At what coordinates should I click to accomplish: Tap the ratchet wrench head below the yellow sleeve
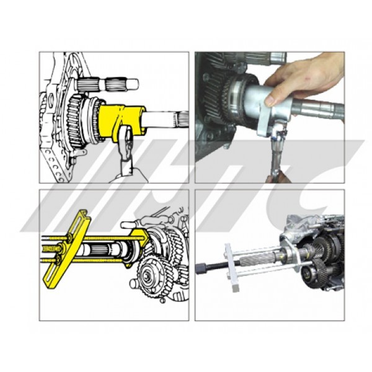[125, 138]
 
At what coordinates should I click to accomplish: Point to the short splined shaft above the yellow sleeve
[108, 84]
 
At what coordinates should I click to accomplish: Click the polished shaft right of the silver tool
[318, 110]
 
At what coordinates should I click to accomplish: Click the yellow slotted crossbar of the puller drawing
[67, 249]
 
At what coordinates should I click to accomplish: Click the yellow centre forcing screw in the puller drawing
[51, 249]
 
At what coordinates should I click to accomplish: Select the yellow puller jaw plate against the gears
[139, 247]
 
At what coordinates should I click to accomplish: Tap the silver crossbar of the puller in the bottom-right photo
[232, 268]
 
